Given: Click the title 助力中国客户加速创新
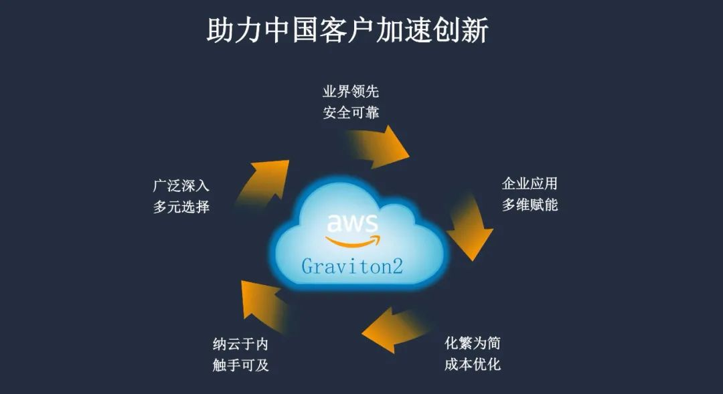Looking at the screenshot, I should point(347,31).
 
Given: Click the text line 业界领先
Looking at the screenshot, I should point(350,92).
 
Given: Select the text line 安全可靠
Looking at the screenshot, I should point(350,112).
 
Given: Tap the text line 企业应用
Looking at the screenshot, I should point(530,184).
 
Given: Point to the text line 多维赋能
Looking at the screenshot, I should point(530,205).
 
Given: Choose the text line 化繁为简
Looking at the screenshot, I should point(473,344).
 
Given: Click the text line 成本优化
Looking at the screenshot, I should point(473,365).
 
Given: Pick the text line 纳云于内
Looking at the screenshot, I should point(240,344).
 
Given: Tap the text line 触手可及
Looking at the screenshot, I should point(240,365).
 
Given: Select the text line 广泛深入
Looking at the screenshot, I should point(181,186).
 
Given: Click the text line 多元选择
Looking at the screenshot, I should point(181,207).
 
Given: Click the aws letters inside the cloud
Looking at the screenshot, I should point(352,223).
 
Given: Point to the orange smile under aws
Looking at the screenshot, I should point(353,240).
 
